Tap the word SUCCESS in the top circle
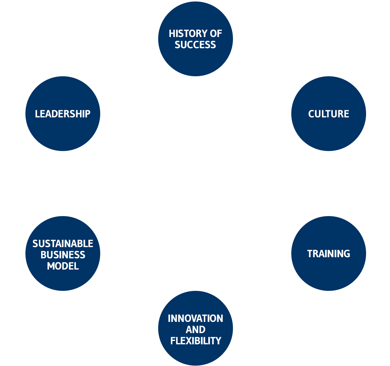coord(195,45)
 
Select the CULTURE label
coord(328,114)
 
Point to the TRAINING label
coord(328,254)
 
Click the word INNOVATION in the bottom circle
coord(195,319)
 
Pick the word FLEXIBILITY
coord(195,341)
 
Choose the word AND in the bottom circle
coord(195,330)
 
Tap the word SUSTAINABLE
coord(62,244)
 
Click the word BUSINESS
coord(62,255)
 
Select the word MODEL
coord(62,266)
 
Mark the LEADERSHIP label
coord(62,114)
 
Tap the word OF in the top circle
coord(216,34)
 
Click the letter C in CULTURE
coord(311,114)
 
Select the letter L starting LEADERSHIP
coord(37,114)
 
